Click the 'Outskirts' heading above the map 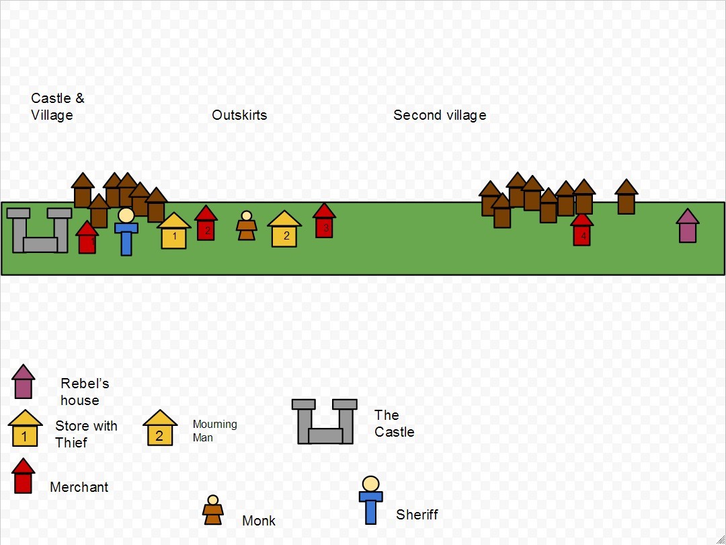point(239,115)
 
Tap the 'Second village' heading point(440,115)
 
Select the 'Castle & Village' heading point(57,106)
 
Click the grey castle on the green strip point(40,230)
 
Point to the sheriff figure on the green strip point(126,231)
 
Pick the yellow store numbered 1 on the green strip point(173,231)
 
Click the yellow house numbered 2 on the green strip point(284,229)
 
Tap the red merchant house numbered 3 point(324,221)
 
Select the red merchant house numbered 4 point(582,229)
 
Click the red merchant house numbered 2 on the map point(206,223)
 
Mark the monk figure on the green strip point(246,225)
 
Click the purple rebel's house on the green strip point(688,225)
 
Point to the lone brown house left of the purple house point(627,196)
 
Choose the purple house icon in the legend point(23,381)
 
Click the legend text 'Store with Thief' point(86,434)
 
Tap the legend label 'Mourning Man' point(215,431)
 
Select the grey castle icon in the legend point(325,421)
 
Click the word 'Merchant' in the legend point(79,487)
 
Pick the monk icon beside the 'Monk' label point(213,510)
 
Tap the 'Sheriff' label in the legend point(417,515)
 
